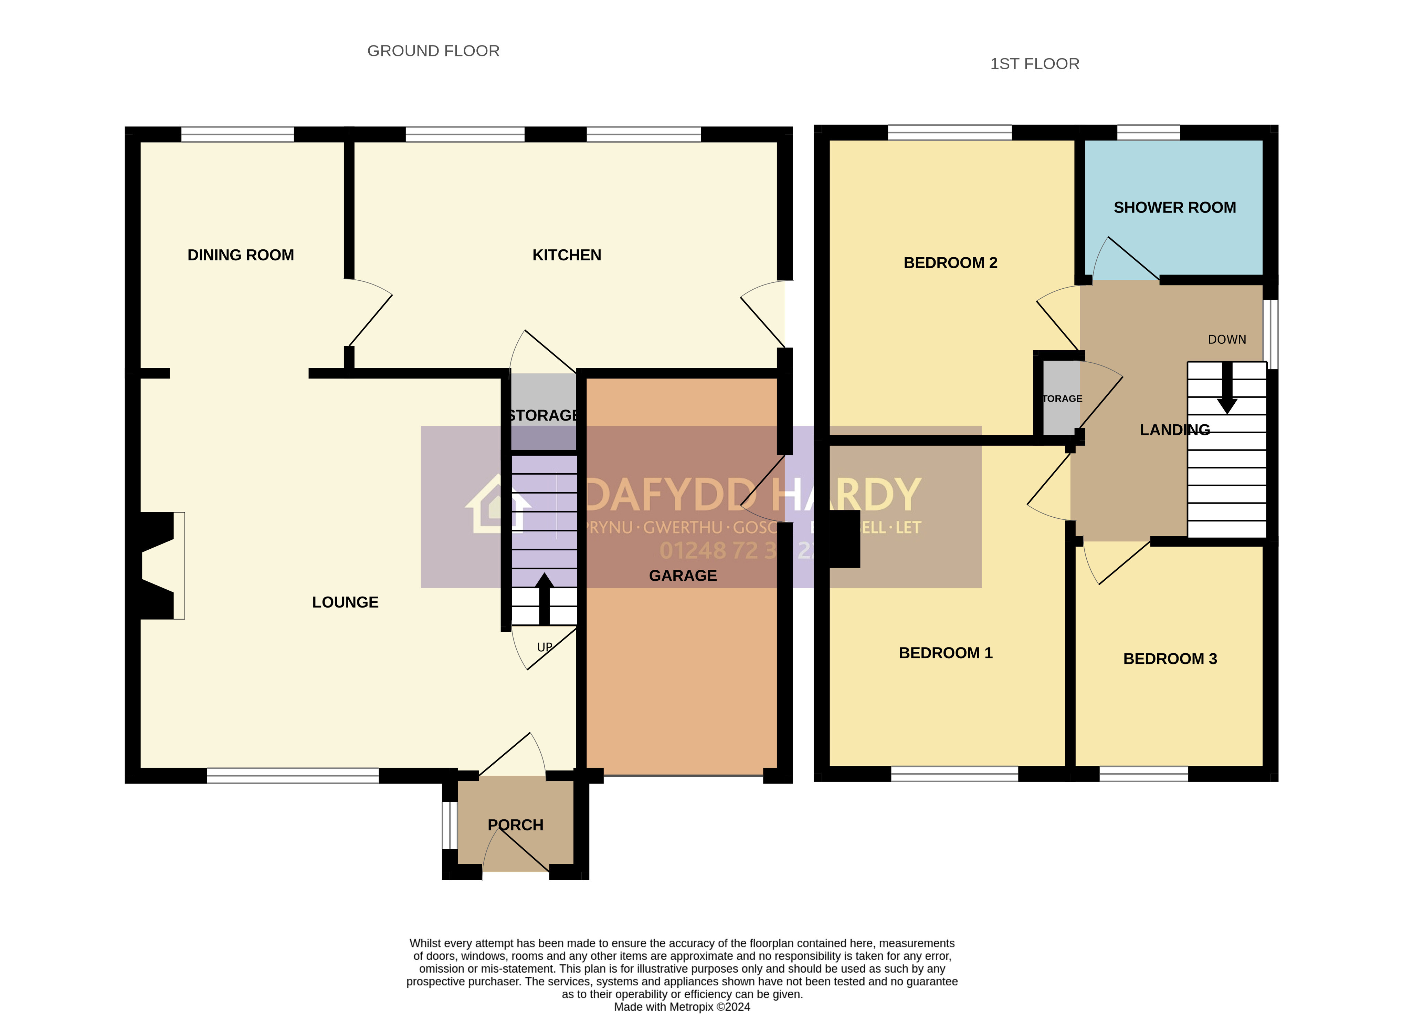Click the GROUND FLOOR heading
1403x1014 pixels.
[x=433, y=51]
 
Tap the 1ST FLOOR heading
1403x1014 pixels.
[x=1034, y=64]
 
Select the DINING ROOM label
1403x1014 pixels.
[x=241, y=255]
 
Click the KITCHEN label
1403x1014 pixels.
[x=567, y=255]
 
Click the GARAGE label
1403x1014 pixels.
[x=682, y=576]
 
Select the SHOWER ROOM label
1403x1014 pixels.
[x=1174, y=207]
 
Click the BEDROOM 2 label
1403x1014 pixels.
[x=950, y=262]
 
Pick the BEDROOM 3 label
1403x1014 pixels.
[x=1170, y=659]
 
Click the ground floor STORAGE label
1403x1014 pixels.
[x=543, y=415]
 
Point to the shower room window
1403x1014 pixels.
[x=1148, y=132]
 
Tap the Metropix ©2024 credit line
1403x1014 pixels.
[x=682, y=1006]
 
